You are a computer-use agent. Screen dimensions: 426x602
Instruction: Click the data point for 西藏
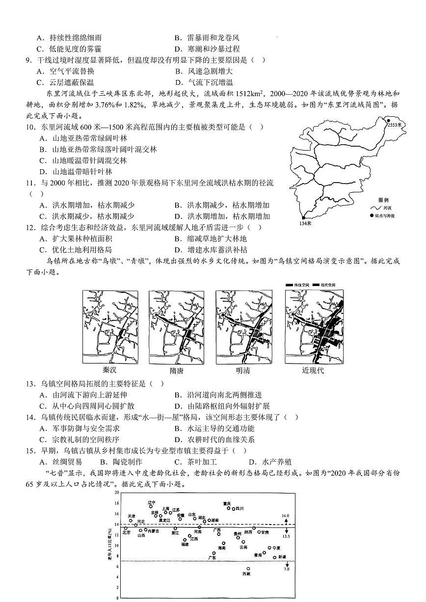248,569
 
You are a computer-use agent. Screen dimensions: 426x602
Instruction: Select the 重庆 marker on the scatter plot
229,508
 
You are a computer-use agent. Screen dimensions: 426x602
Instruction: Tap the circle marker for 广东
214,553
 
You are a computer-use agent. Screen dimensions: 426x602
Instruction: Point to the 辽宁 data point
151,506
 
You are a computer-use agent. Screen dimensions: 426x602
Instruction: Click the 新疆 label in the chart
282,557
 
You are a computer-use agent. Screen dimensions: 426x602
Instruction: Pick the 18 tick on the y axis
117,503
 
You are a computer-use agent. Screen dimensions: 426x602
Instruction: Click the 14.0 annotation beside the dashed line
286,516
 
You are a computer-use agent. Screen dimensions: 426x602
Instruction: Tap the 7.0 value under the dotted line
286,569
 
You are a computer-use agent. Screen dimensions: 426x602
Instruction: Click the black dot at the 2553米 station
388,120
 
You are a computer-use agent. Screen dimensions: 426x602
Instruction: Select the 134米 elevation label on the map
305,224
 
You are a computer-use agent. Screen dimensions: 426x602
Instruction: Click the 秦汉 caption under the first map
110,370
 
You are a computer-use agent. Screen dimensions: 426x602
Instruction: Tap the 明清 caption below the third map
242,370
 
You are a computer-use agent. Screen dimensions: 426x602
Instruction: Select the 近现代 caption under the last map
313,370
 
